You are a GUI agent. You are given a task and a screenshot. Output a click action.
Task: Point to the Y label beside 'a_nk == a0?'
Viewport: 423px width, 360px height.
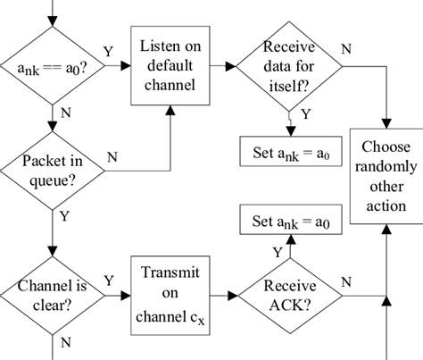[108, 53]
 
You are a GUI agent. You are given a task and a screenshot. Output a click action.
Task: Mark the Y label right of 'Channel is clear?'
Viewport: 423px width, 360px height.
[110, 280]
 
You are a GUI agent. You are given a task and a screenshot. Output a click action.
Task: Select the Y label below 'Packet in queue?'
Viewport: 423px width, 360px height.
[63, 215]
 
